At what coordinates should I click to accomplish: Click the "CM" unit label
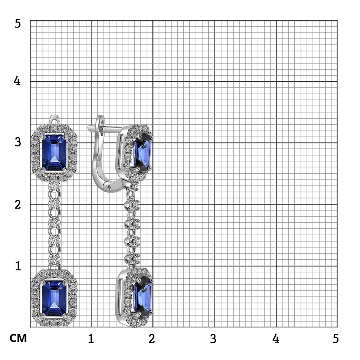(18, 338)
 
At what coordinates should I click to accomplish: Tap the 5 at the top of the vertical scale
(18, 23)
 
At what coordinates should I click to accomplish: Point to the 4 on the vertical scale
(17, 81)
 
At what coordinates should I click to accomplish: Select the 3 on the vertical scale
(18, 142)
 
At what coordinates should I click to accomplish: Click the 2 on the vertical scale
(18, 204)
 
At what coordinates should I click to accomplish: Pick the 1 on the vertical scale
(18, 266)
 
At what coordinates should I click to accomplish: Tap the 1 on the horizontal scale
(91, 338)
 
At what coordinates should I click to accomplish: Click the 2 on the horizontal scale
(152, 338)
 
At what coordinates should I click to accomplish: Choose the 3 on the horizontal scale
(213, 338)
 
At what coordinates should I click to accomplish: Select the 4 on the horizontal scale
(276, 338)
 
